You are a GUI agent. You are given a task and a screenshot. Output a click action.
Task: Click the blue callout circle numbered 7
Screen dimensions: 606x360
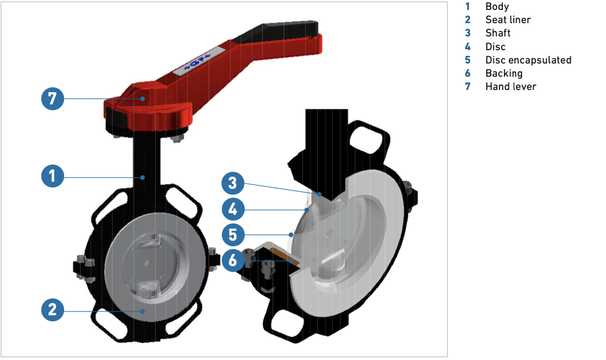pos(52,99)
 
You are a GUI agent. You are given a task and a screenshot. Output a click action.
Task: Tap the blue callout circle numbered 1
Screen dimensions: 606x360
pos(52,176)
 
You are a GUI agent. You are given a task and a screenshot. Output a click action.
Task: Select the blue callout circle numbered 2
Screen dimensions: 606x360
pos(52,310)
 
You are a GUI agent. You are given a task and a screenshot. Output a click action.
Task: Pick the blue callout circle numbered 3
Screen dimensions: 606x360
pos(233,183)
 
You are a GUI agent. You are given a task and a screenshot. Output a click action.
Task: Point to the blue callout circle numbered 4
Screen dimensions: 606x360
pos(233,209)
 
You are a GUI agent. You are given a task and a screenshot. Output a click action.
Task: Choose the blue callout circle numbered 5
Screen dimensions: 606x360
pos(233,235)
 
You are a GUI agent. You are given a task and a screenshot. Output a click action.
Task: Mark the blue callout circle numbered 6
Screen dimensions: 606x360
pos(233,260)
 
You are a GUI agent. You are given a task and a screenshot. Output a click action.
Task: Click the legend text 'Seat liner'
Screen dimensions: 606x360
pos(508,20)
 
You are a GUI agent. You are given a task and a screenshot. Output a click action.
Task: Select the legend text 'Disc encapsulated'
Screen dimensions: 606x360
pos(528,60)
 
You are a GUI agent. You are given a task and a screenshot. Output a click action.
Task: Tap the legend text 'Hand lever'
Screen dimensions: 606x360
pos(511,87)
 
